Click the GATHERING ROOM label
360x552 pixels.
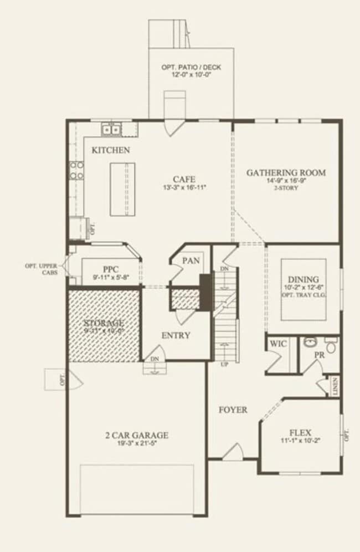click(286, 172)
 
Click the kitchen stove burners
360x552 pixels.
click(76, 171)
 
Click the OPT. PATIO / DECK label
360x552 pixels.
click(191, 67)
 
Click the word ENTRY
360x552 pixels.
click(176, 335)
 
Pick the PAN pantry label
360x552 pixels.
click(191, 260)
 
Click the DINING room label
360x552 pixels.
click(303, 279)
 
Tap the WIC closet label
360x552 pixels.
click(277, 344)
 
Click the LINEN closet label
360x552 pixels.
click(336, 387)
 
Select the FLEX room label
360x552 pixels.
click(300, 432)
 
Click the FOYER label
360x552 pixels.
click(233, 410)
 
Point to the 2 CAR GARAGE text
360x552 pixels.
click(136, 435)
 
